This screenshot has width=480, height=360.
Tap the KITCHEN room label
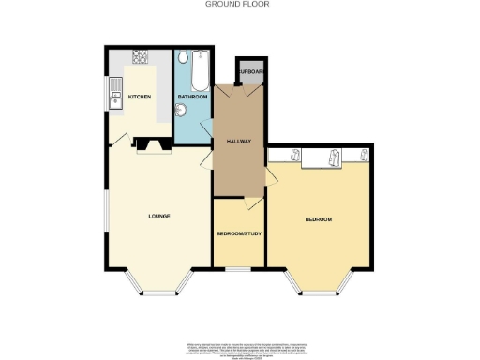139,97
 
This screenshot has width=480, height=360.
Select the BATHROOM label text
193,97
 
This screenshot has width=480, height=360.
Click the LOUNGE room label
158,217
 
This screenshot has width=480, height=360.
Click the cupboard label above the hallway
249,72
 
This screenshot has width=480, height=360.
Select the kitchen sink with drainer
113,94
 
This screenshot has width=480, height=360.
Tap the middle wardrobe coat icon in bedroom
335,159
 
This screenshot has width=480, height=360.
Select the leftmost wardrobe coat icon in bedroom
294,157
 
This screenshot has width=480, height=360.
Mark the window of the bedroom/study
238,268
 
